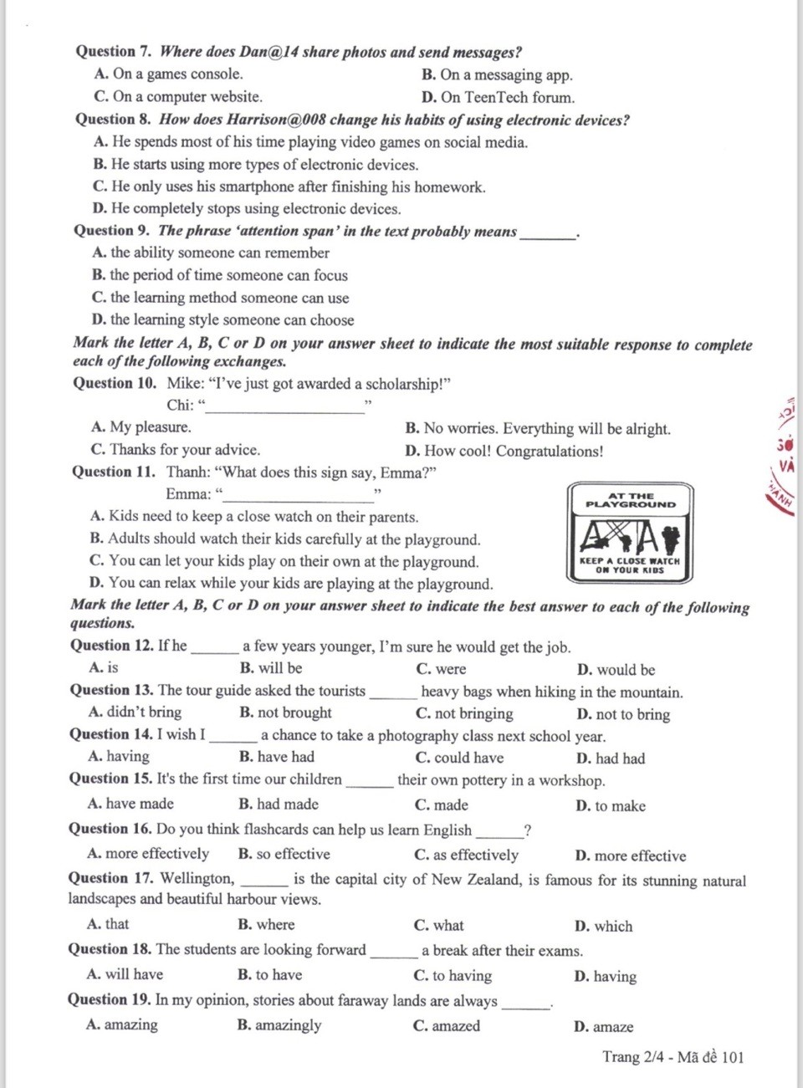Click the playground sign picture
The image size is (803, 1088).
pyautogui.click(x=630, y=533)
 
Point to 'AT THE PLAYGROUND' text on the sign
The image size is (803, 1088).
pyautogui.click(x=631, y=500)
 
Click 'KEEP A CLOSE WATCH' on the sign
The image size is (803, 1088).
pyautogui.click(x=630, y=561)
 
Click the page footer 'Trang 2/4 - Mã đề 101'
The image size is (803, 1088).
pyautogui.click(x=673, y=1057)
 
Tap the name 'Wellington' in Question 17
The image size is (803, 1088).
pyautogui.click(x=197, y=878)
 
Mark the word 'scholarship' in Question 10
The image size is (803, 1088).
pyautogui.click(x=401, y=385)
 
